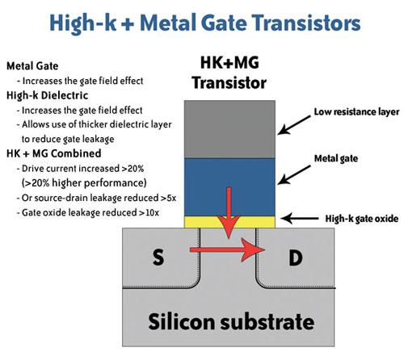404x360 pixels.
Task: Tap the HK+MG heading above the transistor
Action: coord(229,63)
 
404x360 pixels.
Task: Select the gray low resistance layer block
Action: coord(229,129)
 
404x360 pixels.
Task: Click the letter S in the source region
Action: coord(158,257)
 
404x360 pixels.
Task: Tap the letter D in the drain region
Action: coord(296,257)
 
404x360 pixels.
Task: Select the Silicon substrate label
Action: coord(231,321)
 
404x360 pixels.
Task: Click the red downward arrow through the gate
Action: coord(229,212)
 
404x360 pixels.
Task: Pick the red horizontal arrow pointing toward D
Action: coord(227,250)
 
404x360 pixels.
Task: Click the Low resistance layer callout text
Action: coord(356,112)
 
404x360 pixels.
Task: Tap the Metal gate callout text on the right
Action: coord(336,158)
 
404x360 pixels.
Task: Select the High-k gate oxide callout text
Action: coord(362,219)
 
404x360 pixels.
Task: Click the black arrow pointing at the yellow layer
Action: coord(300,218)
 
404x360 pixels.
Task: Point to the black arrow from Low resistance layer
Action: coord(294,125)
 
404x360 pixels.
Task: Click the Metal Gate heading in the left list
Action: coord(32,66)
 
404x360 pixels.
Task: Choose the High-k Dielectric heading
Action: coord(47,95)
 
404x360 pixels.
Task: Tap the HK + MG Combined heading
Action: coord(54,153)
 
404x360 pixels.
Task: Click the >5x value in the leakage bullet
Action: coord(168,198)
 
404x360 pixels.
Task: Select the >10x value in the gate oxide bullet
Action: coord(149,213)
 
